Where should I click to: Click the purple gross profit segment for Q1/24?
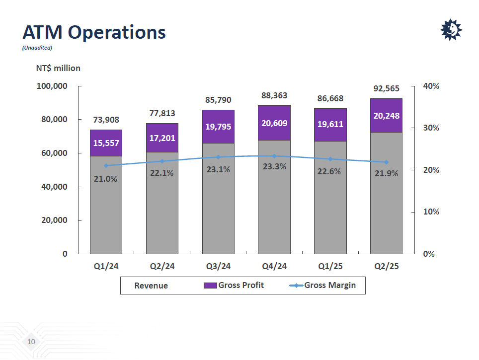click(x=106, y=143)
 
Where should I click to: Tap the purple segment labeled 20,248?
click(x=386, y=115)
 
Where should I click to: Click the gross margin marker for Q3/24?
click(x=218, y=157)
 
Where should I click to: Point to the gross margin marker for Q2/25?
click(x=386, y=162)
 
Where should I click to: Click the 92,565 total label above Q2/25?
click(x=386, y=89)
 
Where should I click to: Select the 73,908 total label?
click(x=106, y=120)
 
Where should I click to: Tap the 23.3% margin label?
click(x=274, y=167)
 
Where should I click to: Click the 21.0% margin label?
click(x=106, y=179)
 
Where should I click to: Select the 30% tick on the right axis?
click(x=431, y=128)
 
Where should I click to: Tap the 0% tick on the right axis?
click(x=429, y=254)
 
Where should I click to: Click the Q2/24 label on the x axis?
click(x=162, y=267)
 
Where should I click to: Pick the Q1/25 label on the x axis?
click(x=330, y=267)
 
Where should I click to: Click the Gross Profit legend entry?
click(x=235, y=285)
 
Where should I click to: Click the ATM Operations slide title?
click(x=94, y=32)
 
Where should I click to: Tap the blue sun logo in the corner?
click(x=451, y=31)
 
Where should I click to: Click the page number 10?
click(x=31, y=342)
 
